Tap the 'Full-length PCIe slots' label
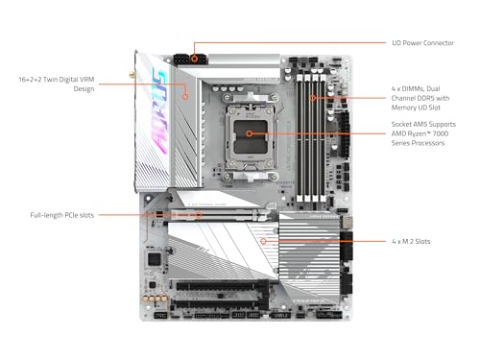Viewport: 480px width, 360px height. [x=60, y=214]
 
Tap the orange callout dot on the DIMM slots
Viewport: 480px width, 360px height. [x=313, y=96]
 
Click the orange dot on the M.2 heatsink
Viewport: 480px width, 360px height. [x=264, y=240]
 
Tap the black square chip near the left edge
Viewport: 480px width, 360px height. [x=151, y=258]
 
